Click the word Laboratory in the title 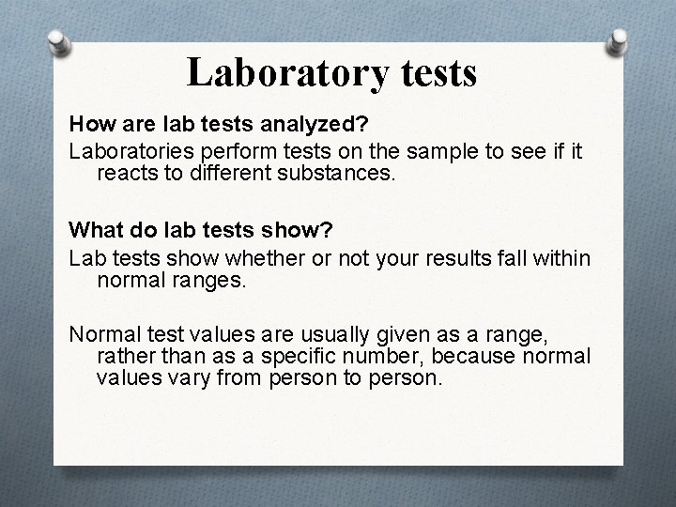pyautogui.click(x=279, y=72)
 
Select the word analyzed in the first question pyautogui.click(x=281, y=124)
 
